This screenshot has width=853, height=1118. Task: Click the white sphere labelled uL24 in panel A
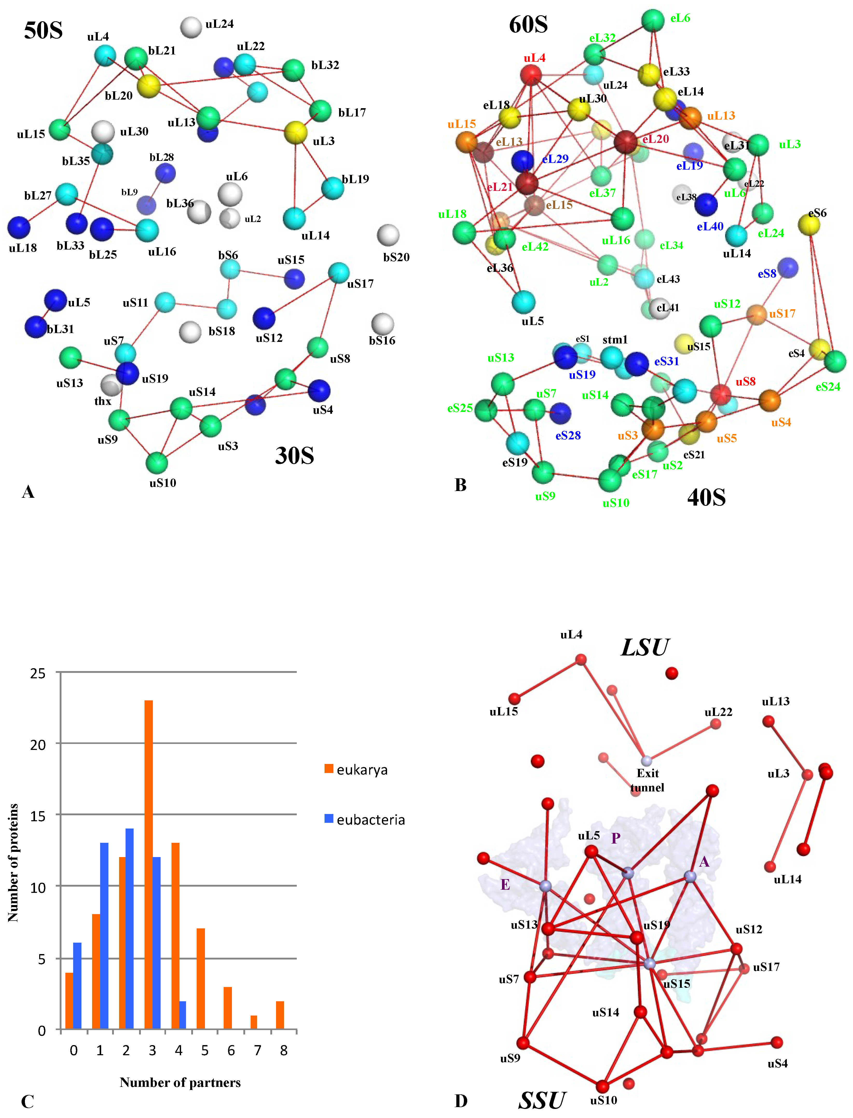(191, 27)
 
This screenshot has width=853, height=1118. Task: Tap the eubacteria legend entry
(364, 820)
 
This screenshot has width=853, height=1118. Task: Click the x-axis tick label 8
(284, 1051)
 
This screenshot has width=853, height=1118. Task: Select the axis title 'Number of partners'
(180, 1082)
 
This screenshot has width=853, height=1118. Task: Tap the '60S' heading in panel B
(528, 24)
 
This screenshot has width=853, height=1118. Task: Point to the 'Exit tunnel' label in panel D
(647, 780)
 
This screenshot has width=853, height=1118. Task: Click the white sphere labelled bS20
(388, 235)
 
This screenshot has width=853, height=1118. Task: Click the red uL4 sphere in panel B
(531, 75)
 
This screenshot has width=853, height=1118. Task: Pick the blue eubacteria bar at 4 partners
(183, 1016)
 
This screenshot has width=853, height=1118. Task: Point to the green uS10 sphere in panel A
(157, 463)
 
